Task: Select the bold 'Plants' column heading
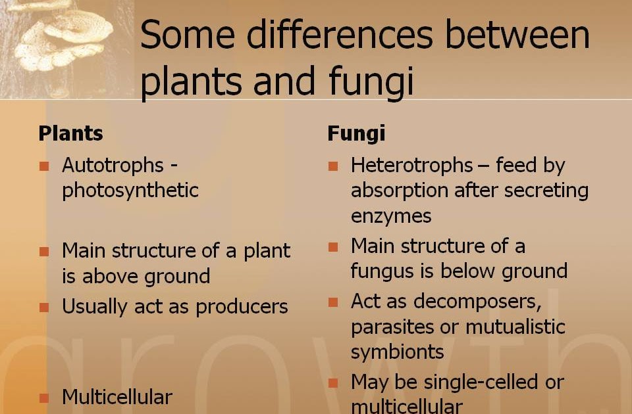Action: (x=70, y=133)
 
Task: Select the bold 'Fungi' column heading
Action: (x=356, y=134)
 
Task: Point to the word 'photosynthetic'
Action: (x=130, y=191)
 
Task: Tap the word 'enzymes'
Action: (x=391, y=216)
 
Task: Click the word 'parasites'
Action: (x=391, y=326)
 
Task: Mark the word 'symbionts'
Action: (x=397, y=352)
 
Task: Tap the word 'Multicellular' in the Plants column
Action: (x=117, y=397)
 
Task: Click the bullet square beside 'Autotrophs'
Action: (x=44, y=166)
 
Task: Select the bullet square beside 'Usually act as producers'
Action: (x=44, y=307)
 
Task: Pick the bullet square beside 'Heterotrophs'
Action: (x=333, y=166)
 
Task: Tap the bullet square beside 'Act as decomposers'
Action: (x=333, y=302)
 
